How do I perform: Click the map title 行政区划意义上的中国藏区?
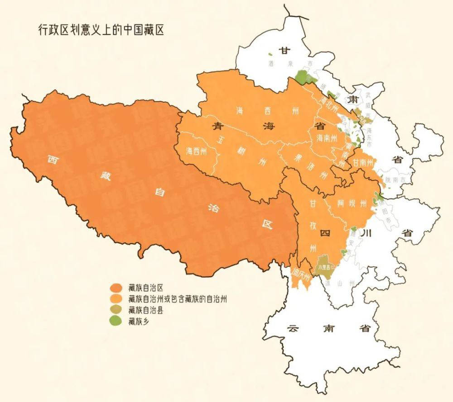click(101, 30)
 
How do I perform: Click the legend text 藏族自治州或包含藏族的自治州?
click(177, 299)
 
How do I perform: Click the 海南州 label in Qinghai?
click(327, 137)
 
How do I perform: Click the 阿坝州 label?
click(352, 203)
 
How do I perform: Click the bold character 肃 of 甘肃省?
click(352, 99)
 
